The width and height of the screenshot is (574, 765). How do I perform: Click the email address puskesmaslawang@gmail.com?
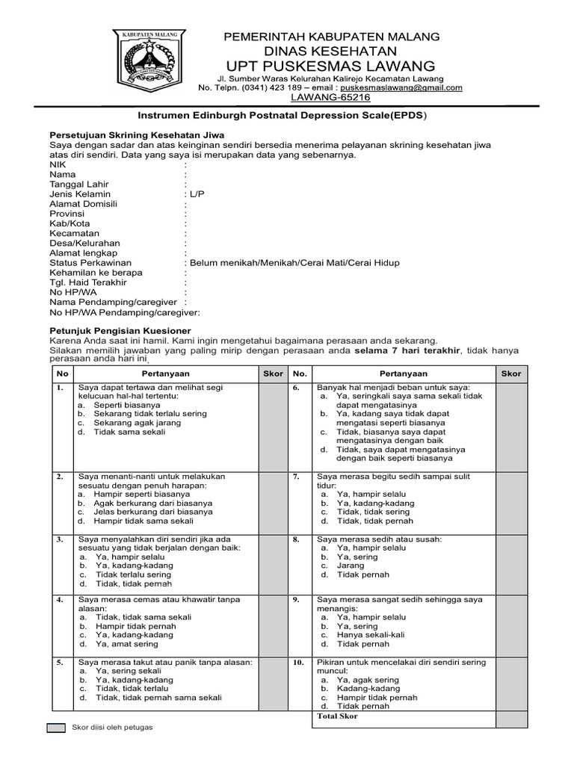[401, 87]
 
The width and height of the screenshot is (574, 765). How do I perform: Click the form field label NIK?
[58, 164]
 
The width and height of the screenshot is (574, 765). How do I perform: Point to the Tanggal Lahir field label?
[78, 184]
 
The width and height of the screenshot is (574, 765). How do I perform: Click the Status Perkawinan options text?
[294, 263]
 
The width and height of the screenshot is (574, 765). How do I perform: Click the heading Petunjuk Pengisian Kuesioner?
[120, 330]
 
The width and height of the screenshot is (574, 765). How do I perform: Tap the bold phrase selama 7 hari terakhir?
[407, 350]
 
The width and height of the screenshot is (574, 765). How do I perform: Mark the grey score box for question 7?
[512, 500]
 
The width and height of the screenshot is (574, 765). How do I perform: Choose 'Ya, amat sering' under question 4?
[126, 644]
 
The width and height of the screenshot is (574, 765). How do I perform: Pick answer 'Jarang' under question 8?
[351, 566]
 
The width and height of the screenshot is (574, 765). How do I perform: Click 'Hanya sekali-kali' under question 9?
[371, 634]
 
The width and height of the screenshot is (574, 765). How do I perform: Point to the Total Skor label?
[337, 716]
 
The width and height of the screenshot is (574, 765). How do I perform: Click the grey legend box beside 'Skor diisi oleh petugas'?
[56, 728]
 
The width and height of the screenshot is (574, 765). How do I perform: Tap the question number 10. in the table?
[299, 663]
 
